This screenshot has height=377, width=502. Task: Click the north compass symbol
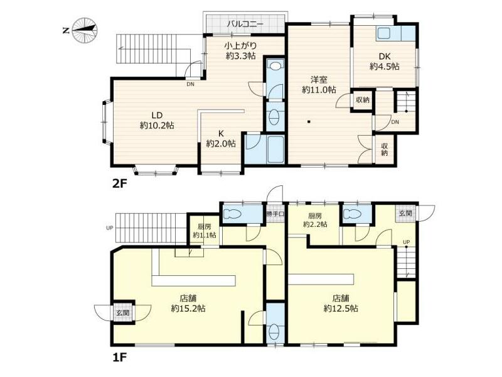coord(85,31)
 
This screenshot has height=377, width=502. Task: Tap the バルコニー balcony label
coord(245,24)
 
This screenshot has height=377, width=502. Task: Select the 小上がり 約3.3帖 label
coord(240,51)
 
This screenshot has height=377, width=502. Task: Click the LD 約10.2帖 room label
coord(157,120)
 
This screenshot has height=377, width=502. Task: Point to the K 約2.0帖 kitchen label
coord(221,138)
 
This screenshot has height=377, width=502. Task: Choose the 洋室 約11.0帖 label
coord(319,84)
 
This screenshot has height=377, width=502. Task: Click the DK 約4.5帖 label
coord(384,62)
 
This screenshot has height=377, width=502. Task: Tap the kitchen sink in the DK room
coord(383,33)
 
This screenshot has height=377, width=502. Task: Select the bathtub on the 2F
coord(275,149)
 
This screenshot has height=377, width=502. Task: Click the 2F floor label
coord(119,183)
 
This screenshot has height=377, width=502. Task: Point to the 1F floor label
coord(119,357)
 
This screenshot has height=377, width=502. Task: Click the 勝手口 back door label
coord(275,214)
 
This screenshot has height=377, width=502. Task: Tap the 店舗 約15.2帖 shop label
coord(188,303)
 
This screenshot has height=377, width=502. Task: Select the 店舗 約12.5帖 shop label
coord(341,303)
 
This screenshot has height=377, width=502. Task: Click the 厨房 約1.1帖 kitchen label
coord(205,231)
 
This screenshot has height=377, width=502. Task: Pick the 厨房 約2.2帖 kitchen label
coord(315,220)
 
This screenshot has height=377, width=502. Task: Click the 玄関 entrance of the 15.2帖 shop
coord(123,312)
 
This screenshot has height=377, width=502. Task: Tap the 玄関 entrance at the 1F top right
coord(405,213)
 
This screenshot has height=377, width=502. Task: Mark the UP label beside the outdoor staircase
coord(109,228)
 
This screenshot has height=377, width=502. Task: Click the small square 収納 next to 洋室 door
coord(363,100)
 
